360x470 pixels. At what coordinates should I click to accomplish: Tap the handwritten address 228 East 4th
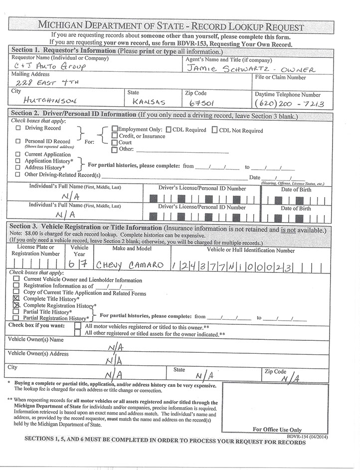point(47,83)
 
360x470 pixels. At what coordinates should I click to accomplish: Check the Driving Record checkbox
point(18,128)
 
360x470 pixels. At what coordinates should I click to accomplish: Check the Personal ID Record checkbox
point(18,141)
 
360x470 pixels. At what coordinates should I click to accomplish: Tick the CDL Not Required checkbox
point(215,130)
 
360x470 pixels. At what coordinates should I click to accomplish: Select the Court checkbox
point(115,142)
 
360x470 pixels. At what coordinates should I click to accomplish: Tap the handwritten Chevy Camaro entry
point(129,264)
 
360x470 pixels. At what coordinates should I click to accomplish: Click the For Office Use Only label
point(277,429)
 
